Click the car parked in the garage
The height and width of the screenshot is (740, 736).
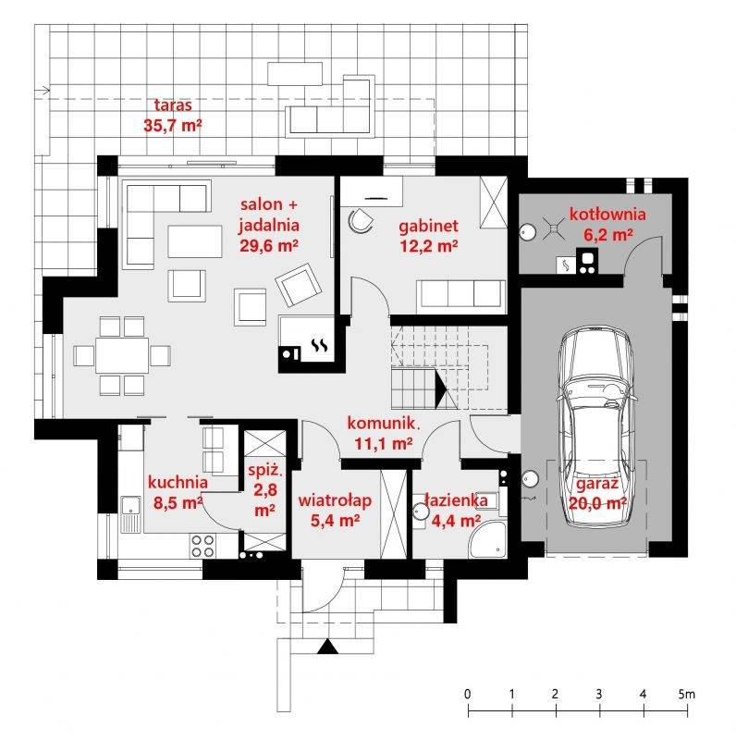[x=596, y=426]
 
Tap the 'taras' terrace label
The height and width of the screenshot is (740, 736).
[x=173, y=105]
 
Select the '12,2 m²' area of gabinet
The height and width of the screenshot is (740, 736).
[x=429, y=246]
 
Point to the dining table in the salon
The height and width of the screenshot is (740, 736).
[x=122, y=355]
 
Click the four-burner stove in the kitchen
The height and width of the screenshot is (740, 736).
[x=202, y=546]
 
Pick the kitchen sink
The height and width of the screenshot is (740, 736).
[x=130, y=513]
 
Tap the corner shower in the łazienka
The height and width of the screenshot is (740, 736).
[x=488, y=539]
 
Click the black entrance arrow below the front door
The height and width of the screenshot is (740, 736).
[x=327, y=646]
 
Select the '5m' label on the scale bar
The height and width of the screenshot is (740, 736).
[x=686, y=694]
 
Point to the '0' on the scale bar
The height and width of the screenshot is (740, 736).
[x=468, y=694]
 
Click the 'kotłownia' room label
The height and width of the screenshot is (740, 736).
[x=607, y=215]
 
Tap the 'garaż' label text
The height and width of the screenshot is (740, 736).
[x=597, y=484]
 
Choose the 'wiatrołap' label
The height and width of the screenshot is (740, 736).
[x=335, y=500]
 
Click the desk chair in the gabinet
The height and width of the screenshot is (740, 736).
[x=361, y=220]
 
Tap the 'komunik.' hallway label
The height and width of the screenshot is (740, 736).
[x=384, y=423]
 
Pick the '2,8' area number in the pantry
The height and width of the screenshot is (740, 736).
[x=265, y=490]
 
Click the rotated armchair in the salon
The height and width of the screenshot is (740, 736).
[x=298, y=285]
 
